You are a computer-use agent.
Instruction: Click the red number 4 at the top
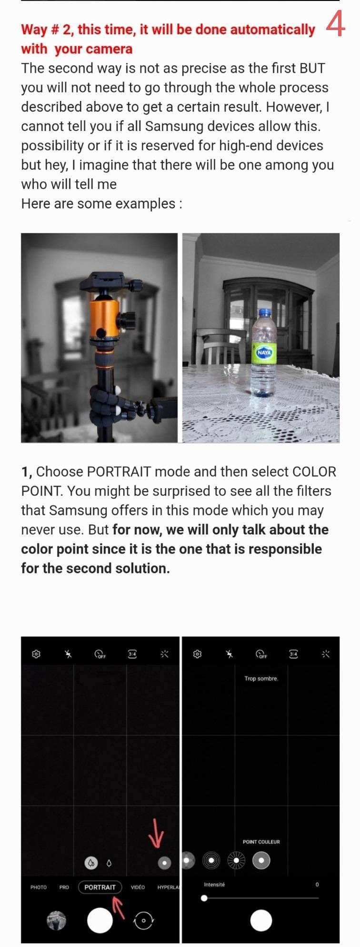click(x=335, y=24)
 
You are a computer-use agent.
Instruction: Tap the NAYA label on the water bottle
click(x=264, y=353)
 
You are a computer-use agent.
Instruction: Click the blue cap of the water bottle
click(x=265, y=313)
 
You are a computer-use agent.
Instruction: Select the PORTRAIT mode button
click(x=100, y=887)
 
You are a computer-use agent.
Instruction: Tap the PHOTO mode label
click(x=39, y=887)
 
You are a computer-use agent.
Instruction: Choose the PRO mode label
click(x=64, y=887)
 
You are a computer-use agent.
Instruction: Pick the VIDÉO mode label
click(x=138, y=887)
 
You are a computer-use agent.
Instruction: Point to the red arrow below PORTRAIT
click(x=118, y=906)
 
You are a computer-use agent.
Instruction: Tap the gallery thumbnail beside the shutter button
click(x=57, y=920)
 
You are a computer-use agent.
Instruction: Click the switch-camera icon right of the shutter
click(x=144, y=920)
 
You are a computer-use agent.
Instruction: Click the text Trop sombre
click(x=261, y=678)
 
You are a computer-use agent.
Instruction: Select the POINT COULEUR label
click(x=261, y=842)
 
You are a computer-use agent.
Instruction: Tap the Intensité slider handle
click(x=204, y=898)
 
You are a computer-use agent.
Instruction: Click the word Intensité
click(x=214, y=885)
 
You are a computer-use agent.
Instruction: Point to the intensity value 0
click(x=317, y=885)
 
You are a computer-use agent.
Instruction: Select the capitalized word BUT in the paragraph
click(x=312, y=68)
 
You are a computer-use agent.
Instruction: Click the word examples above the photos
click(x=146, y=204)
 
